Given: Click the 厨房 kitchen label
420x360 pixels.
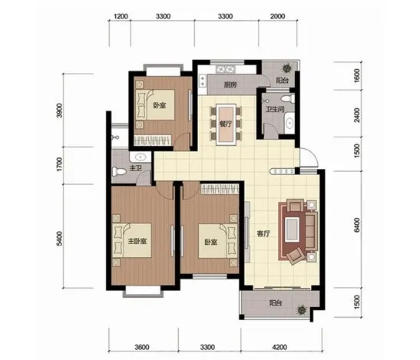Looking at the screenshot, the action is point(230,85).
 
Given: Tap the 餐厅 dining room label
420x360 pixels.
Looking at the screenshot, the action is point(226,124).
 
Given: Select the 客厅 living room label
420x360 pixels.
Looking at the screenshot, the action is point(263,234).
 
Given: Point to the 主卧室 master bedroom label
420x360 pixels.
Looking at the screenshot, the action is point(137,241).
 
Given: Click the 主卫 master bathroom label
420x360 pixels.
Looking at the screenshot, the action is point(136,168).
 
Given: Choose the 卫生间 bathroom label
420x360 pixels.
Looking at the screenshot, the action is point(275,109).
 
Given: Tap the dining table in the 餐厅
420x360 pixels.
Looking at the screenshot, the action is point(227,124).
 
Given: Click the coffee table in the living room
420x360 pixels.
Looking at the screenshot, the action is point(292,229).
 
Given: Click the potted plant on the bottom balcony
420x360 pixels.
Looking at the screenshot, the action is point(302,310).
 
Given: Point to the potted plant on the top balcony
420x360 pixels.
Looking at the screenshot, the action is point(287,68).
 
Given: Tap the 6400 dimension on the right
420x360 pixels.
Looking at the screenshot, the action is point(356,225).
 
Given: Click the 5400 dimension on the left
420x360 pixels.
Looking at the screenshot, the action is point(59,239).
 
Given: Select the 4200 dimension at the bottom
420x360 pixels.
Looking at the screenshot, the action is point(279,348).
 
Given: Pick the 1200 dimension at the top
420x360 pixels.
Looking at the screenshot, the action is point(121,16).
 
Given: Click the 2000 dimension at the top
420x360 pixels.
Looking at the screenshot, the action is point(277,16).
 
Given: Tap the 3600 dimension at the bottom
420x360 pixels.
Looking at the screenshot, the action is point(142,348).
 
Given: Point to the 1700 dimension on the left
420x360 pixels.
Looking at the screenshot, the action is point(59,164).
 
